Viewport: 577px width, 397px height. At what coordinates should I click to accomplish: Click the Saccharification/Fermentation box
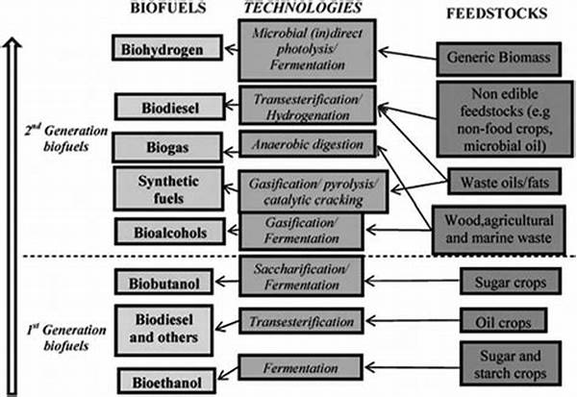tap(304, 278)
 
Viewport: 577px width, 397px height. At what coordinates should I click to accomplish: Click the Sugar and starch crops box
tap(499, 363)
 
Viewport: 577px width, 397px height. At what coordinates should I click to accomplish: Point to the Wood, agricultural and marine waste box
tap(499, 229)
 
